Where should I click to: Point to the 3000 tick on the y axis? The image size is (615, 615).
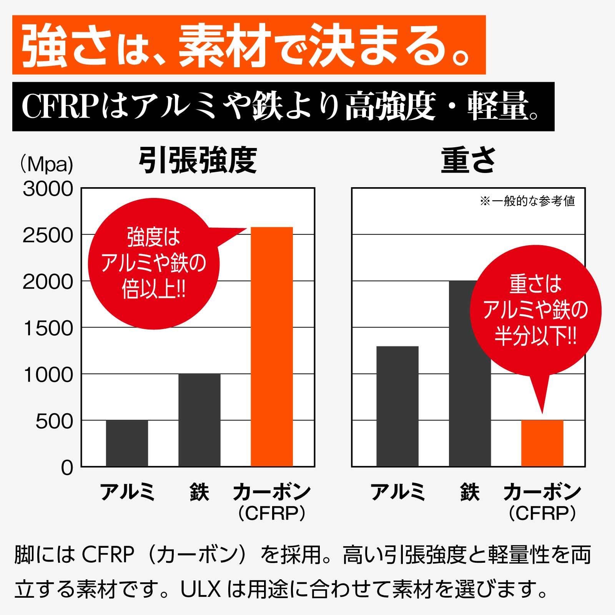[x=48, y=189]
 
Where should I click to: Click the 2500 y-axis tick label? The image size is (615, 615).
[x=48, y=235]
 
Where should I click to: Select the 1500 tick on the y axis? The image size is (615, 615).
[x=48, y=328]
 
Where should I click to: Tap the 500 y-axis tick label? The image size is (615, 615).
[x=54, y=421]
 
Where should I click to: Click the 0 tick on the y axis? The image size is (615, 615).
[x=66, y=468]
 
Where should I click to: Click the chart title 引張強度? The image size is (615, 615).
[x=198, y=161]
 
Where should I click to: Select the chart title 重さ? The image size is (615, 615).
[x=468, y=161]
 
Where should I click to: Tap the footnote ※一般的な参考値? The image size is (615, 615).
[x=527, y=201]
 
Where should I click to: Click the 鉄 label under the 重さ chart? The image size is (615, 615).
[x=470, y=492]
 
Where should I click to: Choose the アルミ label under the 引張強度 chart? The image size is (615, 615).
[x=127, y=492]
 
